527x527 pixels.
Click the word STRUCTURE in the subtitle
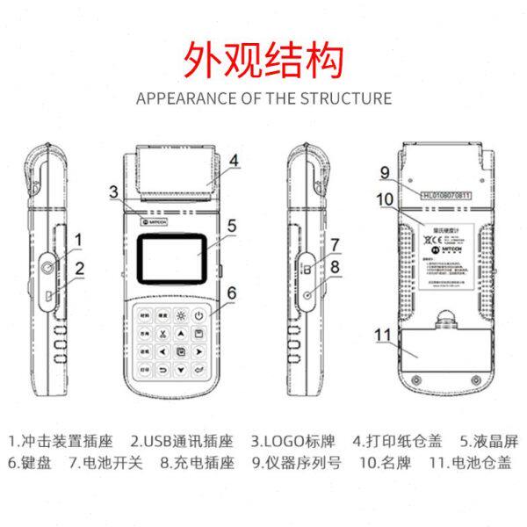(345, 97)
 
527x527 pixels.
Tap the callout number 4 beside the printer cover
(235, 160)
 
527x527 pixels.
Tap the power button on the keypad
(199, 315)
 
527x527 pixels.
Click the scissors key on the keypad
(161, 333)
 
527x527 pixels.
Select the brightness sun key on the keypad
(180, 315)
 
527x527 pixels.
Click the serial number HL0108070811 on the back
(446, 194)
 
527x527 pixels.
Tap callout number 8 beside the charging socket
(334, 263)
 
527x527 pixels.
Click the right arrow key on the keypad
(199, 351)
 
